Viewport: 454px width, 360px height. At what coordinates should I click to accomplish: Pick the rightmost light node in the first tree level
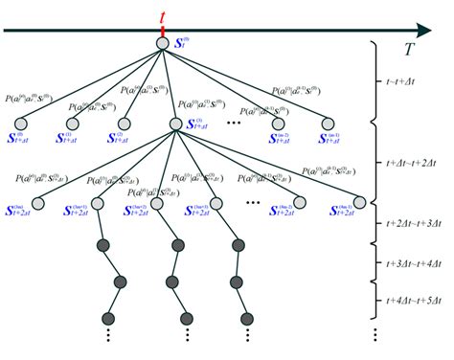point(328,123)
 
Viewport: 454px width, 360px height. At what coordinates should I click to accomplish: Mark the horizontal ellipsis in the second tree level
point(253,204)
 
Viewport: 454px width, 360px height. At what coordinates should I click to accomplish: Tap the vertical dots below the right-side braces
point(375,336)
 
